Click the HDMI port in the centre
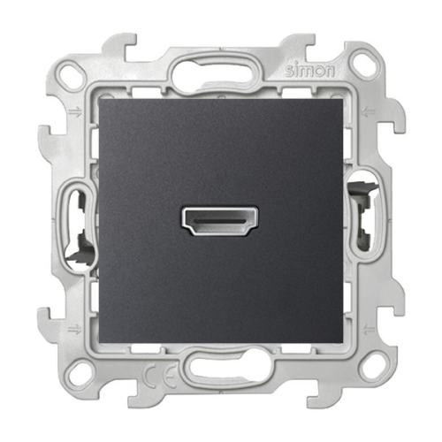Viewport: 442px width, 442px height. point(221,221)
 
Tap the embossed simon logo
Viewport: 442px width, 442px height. point(310,71)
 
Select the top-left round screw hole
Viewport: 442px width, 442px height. point(72,73)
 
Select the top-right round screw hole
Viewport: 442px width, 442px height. point(360,64)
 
